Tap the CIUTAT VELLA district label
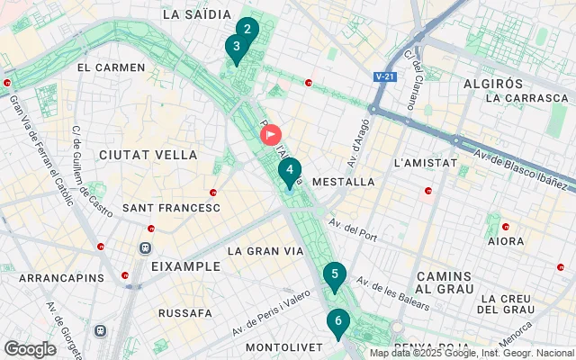pos(148,155)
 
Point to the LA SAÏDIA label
pos(196,14)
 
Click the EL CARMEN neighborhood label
pos(112,67)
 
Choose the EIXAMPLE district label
pos(185,266)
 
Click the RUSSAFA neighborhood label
pos(185,313)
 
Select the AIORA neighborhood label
pos(505,241)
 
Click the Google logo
pos(30,348)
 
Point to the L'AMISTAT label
pos(420,163)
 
